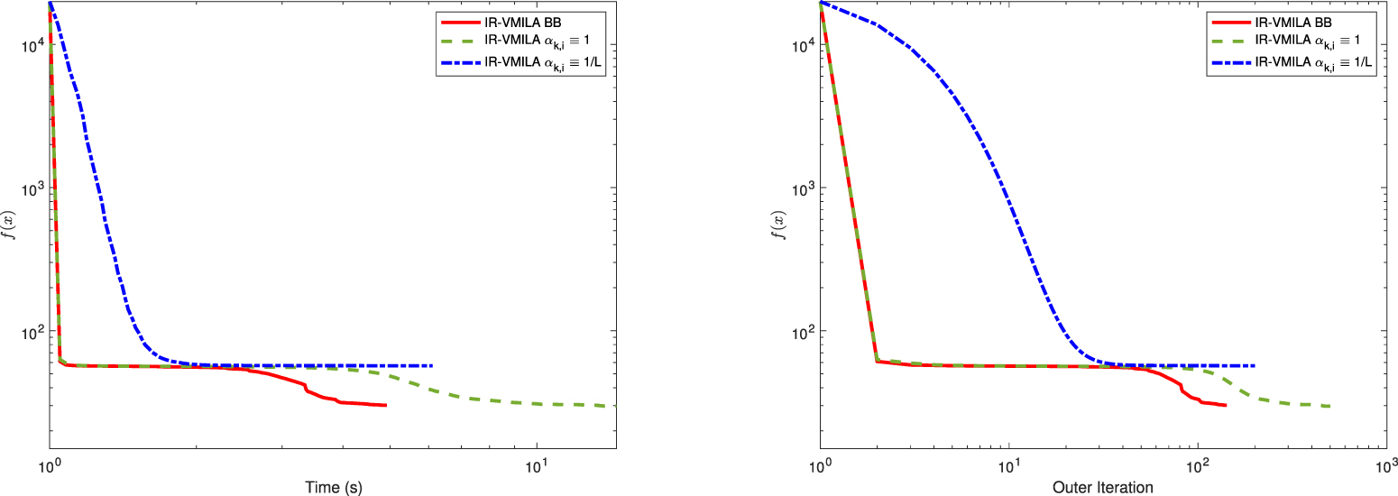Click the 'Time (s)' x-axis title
tap(333, 487)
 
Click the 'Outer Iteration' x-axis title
tap(1102, 487)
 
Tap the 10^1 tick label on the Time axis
tap(537, 465)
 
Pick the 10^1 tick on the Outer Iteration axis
tap(1009, 465)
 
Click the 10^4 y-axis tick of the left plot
tap(32, 44)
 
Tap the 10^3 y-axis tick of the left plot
tap(32, 188)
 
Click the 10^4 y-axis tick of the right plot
tap(802, 44)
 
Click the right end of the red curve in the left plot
tap(386, 406)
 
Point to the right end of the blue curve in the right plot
tap(1255, 365)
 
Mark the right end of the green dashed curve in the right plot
tap(1329, 406)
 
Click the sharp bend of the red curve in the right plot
tap(877, 361)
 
